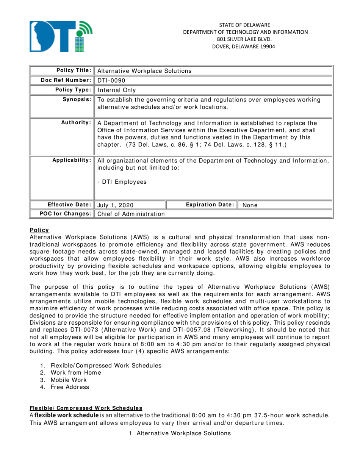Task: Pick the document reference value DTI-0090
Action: point(109,80)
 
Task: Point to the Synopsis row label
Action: point(79,100)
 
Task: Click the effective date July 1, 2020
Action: point(115,205)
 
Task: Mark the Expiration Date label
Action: point(210,205)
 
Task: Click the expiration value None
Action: point(250,205)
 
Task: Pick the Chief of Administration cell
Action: point(131,214)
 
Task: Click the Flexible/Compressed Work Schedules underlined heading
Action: point(86,408)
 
